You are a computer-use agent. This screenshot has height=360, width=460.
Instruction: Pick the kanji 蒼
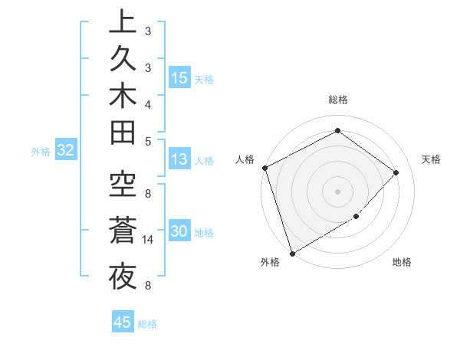point(122,232)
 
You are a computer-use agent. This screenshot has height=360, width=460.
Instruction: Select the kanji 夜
point(122,277)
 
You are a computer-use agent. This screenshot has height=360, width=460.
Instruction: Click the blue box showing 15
point(179,78)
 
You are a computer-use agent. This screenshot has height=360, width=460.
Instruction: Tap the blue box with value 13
point(179,159)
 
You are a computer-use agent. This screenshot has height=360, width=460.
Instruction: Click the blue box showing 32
point(65,151)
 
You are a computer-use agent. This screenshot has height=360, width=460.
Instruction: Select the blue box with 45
point(122,322)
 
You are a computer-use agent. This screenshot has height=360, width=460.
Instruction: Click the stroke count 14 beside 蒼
point(149,240)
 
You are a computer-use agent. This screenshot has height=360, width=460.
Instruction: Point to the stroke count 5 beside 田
point(148,141)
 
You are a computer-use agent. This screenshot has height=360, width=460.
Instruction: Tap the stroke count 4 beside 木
point(148,103)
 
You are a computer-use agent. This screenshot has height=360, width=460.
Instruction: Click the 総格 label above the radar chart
point(337,100)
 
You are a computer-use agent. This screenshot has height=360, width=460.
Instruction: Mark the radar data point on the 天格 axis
point(396,172)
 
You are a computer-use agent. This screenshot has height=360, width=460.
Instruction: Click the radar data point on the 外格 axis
point(293,253)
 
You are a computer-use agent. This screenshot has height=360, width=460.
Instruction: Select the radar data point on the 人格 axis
point(264,168)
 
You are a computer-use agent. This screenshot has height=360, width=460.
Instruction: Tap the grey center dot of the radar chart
point(337,191)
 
